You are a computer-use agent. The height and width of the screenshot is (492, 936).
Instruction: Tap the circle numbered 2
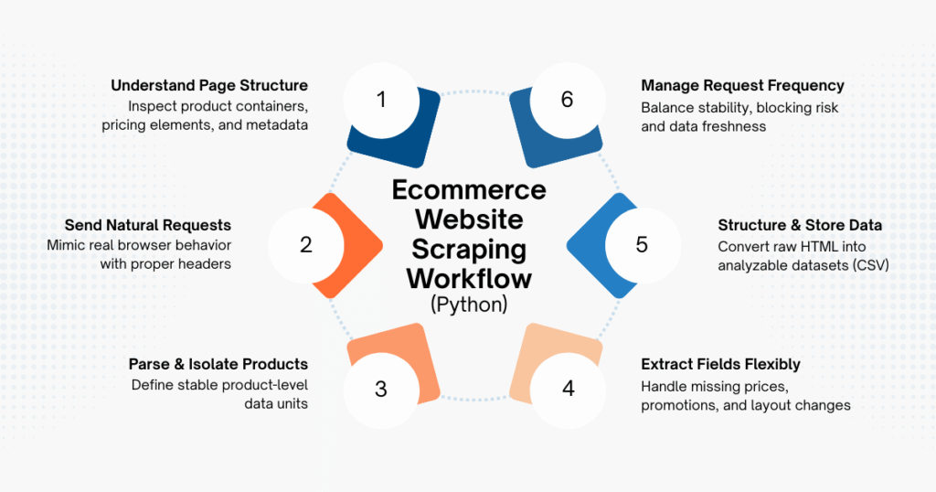click(306, 245)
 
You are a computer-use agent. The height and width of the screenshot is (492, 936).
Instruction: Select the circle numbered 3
click(381, 389)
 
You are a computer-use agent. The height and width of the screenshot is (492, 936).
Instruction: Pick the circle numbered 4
click(568, 389)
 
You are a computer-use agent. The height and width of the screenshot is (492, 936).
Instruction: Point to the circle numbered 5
click(642, 245)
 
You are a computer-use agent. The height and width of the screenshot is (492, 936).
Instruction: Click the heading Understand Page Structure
click(209, 85)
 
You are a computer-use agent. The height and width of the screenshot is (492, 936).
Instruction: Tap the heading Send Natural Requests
click(147, 225)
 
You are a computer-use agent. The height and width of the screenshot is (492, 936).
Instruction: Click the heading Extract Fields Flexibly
click(720, 364)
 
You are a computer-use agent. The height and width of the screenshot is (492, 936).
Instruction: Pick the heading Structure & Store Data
click(796, 225)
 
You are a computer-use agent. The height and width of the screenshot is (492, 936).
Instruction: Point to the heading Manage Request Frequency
click(742, 85)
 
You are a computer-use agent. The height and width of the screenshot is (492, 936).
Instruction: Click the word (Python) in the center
click(469, 305)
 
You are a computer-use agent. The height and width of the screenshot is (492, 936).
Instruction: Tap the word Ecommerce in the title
click(469, 189)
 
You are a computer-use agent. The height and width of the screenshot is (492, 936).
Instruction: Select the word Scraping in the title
click(469, 249)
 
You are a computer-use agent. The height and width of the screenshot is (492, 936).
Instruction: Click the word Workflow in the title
click(469, 277)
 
